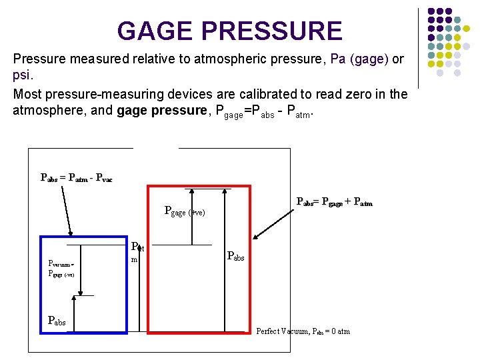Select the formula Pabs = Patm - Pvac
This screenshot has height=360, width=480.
(x=76, y=178)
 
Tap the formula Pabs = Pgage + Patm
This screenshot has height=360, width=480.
(x=334, y=201)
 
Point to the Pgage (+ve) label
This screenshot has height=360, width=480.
(x=185, y=212)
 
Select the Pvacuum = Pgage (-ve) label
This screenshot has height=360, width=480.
(x=61, y=269)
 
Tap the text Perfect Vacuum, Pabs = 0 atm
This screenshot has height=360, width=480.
(x=303, y=331)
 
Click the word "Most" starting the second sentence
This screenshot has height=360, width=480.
(x=27, y=94)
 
